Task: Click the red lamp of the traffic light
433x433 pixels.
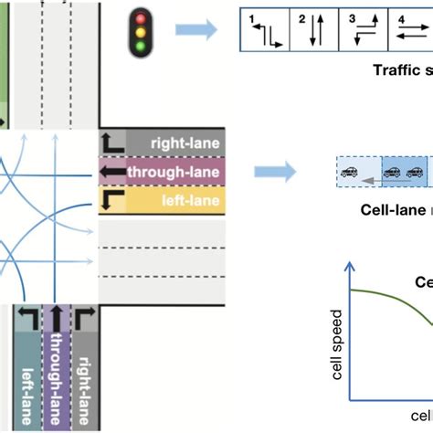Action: (140, 16)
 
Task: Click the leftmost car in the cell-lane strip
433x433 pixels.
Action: (348, 172)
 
